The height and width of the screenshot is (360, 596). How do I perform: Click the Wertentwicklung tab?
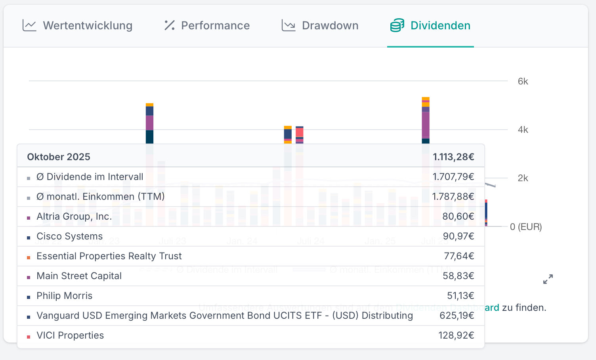tap(88, 26)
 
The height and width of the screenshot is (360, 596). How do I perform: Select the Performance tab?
tap(215, 26)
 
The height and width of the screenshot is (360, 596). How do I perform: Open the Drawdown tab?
tap(330, 26)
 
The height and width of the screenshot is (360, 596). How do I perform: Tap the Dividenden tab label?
tap(440, 26)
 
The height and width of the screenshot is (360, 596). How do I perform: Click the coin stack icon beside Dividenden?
tap(397, 26)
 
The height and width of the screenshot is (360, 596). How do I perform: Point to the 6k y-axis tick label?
tap(523, 81)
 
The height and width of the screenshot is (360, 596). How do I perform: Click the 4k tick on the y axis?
tap(523, 130)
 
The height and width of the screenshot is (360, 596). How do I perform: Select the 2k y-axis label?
tap(523, 178)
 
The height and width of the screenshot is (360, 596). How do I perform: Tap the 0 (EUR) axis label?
tap(526, 227)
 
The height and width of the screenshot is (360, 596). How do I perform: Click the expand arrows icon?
tap(548, 279)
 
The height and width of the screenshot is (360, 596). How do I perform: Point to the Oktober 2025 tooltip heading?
tap(59, 157)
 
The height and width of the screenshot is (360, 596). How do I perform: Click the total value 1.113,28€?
tap(453, 157)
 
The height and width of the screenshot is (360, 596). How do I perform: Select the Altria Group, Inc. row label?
tap(74, 216)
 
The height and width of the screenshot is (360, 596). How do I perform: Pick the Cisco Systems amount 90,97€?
tap(458, 236)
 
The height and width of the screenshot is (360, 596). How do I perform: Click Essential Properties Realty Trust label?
tap(109, 256)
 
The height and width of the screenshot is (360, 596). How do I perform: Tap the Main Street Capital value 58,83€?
tap(458, 276)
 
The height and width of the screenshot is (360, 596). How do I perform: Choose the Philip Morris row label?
tap(64, 296)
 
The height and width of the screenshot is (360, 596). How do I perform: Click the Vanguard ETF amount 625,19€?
tap(457, 316)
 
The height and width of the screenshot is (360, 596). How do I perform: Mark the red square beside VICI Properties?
tap(29, 337)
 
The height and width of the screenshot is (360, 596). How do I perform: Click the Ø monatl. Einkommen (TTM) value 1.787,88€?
tap(453, 197)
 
